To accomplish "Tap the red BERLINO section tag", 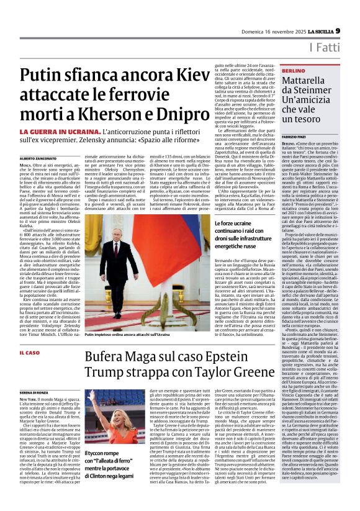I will [294, 72].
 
